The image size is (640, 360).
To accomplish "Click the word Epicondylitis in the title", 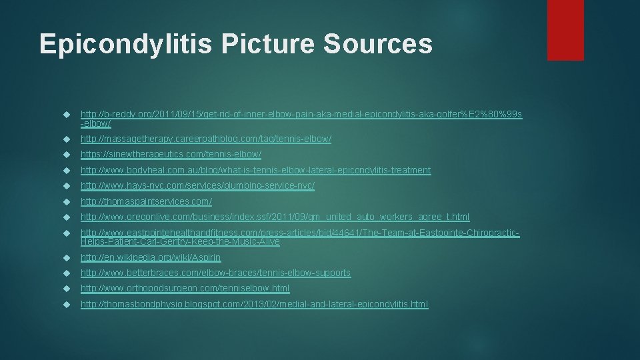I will coord(124,44).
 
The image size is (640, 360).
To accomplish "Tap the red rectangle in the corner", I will coord(565,30).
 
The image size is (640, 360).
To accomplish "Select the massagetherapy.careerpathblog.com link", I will coord(205,139).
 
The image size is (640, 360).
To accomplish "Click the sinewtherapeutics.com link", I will coord(166,154).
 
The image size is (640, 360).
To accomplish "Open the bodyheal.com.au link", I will coord(255,170).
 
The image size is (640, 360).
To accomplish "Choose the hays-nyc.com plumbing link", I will coord(197,185).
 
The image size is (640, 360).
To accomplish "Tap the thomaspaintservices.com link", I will coord(146,201).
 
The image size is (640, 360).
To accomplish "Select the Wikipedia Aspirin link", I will coord(151,257).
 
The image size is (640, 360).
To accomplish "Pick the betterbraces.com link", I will coord(215,273).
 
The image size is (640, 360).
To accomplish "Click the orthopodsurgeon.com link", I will coord(185,289).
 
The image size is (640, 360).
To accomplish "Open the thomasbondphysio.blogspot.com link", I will coord(254,304).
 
